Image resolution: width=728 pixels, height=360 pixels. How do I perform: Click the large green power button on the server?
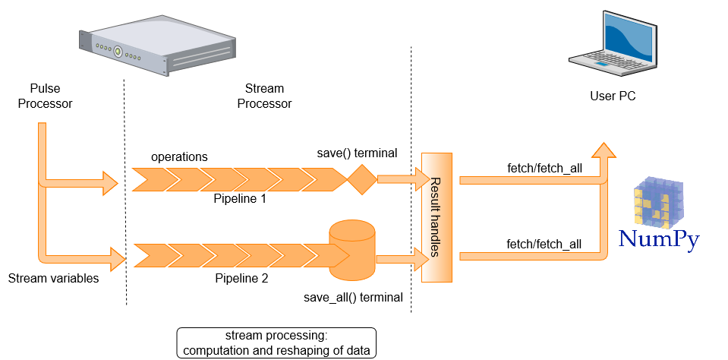pyautogui.click(x=118, y=52)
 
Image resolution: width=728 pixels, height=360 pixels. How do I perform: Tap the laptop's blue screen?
pyautogui.click(x=628, y=38)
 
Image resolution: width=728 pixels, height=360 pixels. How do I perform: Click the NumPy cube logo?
pyautogui.click(x=658, y=204)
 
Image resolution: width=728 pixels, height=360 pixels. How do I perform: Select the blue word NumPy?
pyautogui.click(x=658, y=240)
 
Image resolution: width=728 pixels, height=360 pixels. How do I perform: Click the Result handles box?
pyautogui.click(x=436, y=217)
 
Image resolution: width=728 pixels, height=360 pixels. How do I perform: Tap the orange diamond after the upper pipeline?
pyautogui.click(x=361, y=180)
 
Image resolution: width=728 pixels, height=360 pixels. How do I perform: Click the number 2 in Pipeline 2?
pyautogui.click(x=264, y=279)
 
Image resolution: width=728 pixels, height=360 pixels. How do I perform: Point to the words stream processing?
pyautogui.click(x=276, y=336)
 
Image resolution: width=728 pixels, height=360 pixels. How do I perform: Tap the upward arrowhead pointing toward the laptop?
pyautogui.click(x=604, y=149)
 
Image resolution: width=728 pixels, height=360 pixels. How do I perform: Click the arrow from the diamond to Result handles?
pyautogui.click(x=402, y=179)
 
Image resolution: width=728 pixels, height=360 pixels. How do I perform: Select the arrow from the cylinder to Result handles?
pyautogui.click(x=402, y=258)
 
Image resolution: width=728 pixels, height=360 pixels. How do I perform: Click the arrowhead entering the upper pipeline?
pyautogui.click(x=111, y=182)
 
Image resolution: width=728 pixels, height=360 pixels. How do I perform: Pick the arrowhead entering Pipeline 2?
pyautogui.click(x=117, y=259)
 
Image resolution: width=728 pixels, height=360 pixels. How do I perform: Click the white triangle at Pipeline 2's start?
pyautogui.click(x=140, y=256)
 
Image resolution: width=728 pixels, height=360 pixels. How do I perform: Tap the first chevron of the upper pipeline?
pyautogui.click(x=150, y=180)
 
